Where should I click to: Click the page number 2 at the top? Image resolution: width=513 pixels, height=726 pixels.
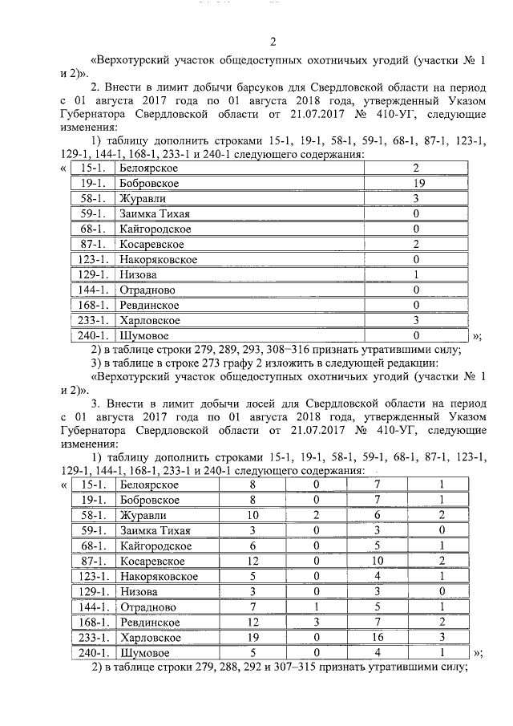point(273,43)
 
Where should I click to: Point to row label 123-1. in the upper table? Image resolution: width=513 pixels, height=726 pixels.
point(92,260)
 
